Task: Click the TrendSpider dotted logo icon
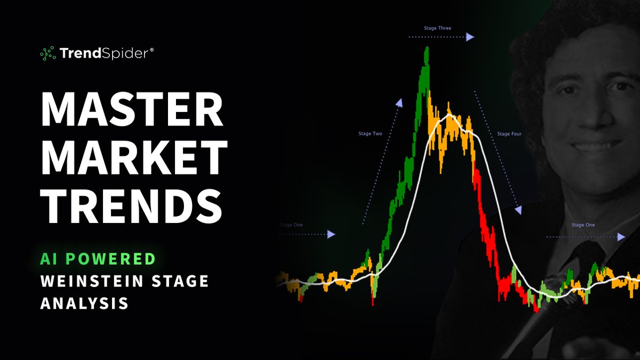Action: pyautogui.click(x=48, y=53)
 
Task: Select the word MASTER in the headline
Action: pyautogui.click(x=132, y=109)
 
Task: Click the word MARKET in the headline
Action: pyautogui.click(x=134, y=158)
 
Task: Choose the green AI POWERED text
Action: pyautogui.click(x=98, y=259)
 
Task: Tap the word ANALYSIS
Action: pyautogui.click(x=84, y=303)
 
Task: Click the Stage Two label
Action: pyautogui.click(x=370, y=133)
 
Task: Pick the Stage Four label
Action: pyautogui.click(x=509, y=134)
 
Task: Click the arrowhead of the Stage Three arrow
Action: pyautogui.click(x=469, y=37)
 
